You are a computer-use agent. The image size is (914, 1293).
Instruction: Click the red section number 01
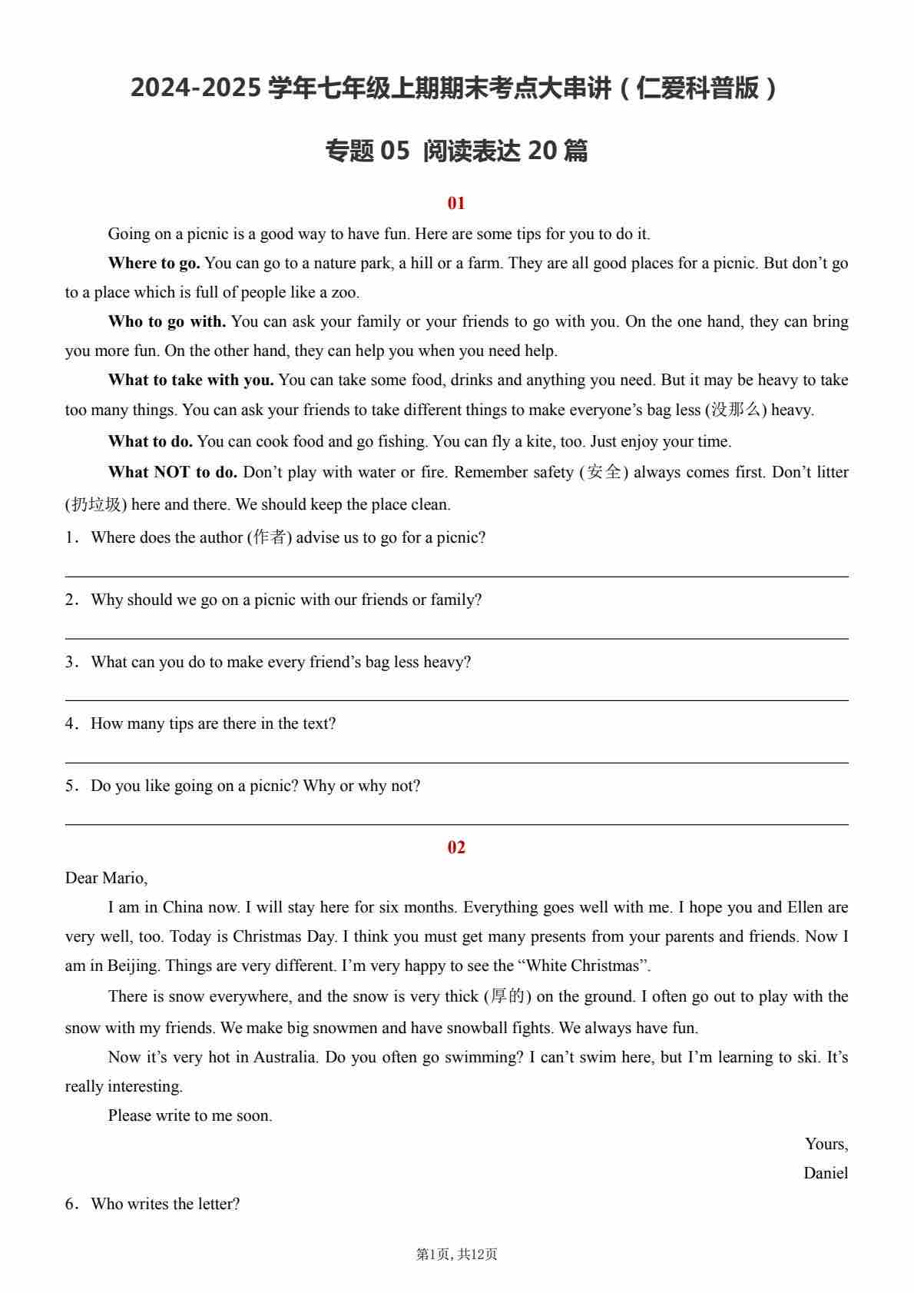(x=456, y=203)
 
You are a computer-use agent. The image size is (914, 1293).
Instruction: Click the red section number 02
(x=456, y=847)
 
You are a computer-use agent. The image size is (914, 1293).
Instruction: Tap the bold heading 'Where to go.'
(x=154, y=263)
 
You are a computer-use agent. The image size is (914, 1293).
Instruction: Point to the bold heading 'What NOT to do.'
(x=173, y=472)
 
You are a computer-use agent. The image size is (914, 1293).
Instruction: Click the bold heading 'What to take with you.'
(x=190, y=380)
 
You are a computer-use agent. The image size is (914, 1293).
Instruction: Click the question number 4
(x=70, y=723)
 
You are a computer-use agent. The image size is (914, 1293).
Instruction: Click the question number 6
(x=70, y=1204)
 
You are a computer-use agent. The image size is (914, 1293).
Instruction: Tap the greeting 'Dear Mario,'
(x=106, y=878)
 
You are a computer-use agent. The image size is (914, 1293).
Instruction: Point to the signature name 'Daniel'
(x=826, y=1173)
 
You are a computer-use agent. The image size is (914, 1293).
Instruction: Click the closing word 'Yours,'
(x=826, y=1144)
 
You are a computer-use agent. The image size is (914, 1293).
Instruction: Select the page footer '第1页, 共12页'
(x=456, y=1254)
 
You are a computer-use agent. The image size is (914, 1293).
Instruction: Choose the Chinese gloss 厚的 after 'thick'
(x=507, y=997)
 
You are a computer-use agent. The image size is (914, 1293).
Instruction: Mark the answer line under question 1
(x=456, y=576)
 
